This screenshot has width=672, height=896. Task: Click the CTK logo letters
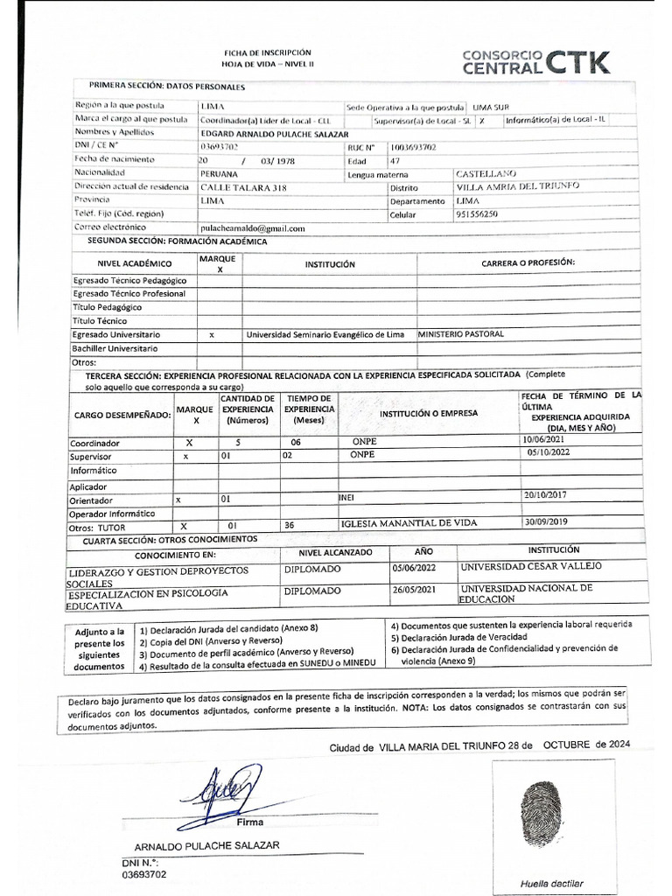[x=578, y=61]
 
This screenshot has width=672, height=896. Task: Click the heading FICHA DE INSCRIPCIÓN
[x=267, y=53]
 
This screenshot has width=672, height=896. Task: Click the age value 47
[x=395, y=161]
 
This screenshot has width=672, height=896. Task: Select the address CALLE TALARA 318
[x=243, y=187]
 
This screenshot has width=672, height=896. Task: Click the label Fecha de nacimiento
[x=115, y=160]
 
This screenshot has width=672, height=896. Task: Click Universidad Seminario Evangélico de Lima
[x=325, y=335]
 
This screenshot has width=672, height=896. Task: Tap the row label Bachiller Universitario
[x=116, y=348]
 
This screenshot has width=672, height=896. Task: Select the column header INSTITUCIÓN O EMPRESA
[x=428, y=414]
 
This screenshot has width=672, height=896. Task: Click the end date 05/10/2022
[x=555, y=454]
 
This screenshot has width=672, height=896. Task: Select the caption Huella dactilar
[x=551, y=883]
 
